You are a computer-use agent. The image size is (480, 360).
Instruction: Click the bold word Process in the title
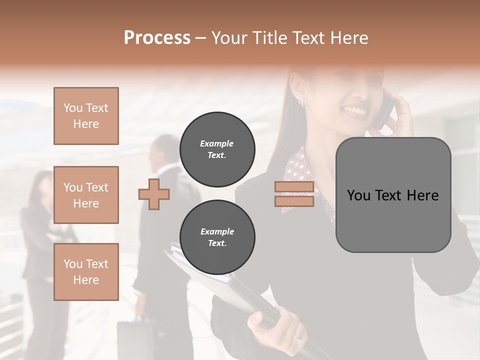(x=157, y=38)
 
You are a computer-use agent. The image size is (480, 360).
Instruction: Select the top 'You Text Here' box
(x=86, y=116)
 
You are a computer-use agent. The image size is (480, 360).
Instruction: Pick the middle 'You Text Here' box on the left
(x=86, y=195)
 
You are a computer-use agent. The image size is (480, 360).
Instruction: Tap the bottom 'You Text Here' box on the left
(x=86, y=271)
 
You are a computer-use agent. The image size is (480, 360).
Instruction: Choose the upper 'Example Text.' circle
(x=217, y=149)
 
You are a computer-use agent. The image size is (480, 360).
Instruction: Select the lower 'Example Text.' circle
(x=217, y=237)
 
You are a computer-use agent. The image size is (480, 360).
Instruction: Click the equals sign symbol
(x=294, y=194)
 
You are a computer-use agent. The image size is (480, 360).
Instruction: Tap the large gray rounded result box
(x=393, y=195)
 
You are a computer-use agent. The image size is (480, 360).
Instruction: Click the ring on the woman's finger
(x=297, y=339)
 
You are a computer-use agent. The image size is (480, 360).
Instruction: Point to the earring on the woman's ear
(x=302, y=101)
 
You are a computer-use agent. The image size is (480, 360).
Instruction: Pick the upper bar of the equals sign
(x=294, y=187)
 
